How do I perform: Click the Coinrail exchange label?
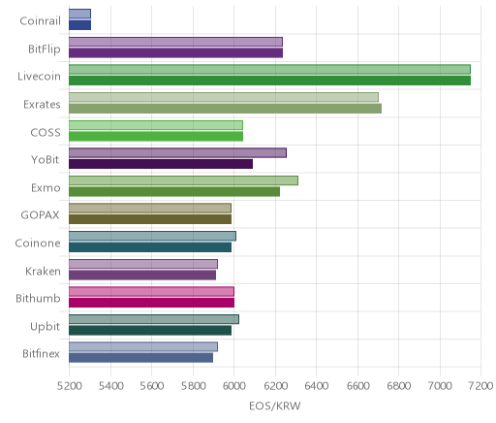point(40,21)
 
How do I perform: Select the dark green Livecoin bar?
point(269,81)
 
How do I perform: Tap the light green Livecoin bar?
point(269,69)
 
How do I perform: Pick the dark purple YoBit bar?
point(161,164)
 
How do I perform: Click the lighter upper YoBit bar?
point(177,153)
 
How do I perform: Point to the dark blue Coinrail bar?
point(79,25)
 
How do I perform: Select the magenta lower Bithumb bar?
point(151,303)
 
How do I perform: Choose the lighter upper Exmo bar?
point(183,180)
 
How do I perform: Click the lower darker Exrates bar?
point(225,109)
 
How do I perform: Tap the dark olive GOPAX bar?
point(150,219)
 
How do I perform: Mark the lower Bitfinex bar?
point(140,358)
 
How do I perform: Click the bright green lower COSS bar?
point(156,137)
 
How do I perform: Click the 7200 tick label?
point(481,386)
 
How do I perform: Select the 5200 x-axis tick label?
point(69,386)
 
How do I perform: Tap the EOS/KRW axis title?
point(275,406)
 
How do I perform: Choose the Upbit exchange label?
point(45,327)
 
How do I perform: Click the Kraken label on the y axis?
point(43,271)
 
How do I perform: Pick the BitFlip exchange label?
point(45,49)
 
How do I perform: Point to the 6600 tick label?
point(357,386)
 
